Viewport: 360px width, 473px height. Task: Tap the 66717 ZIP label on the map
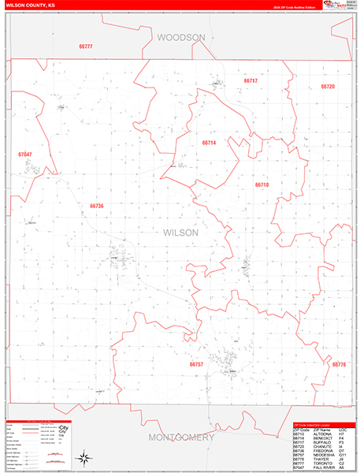[x=251, y=80]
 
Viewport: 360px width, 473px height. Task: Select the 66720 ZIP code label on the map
[x=328, y=87]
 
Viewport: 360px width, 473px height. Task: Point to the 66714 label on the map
[x=209, y=143]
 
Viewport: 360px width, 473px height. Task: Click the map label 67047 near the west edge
[x=25, y=155]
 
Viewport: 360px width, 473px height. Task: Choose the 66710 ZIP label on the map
[x=262, y=184]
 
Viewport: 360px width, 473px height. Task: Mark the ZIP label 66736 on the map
[x=97, y=206]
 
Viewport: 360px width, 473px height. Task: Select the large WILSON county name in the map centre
[x=180, y=233]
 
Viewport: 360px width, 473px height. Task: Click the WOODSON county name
[x=180, y=37]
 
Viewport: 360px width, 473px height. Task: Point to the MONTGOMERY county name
[x=180, y=437]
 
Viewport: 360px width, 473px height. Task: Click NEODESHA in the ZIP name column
[x=325, y=456]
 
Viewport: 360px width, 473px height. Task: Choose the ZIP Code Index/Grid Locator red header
[x=315, y=425]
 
